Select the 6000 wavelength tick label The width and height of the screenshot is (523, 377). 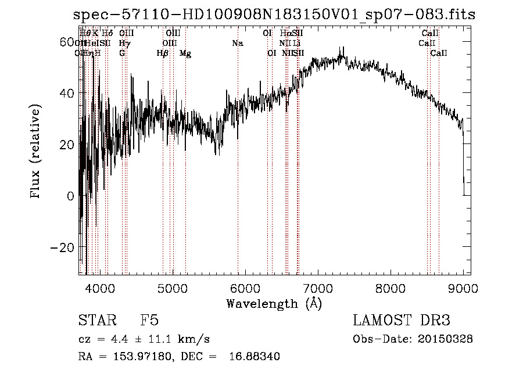[245, 288]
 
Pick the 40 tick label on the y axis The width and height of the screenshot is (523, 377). [67, 94]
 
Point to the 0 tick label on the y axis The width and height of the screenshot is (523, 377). [70, 196]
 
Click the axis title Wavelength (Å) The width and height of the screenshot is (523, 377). [274, 303]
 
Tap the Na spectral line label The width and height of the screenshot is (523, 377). [237, 43]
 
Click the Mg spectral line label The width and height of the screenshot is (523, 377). [185, 53]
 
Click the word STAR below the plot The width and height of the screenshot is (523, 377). [94, 320]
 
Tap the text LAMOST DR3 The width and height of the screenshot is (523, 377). [402, 320]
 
